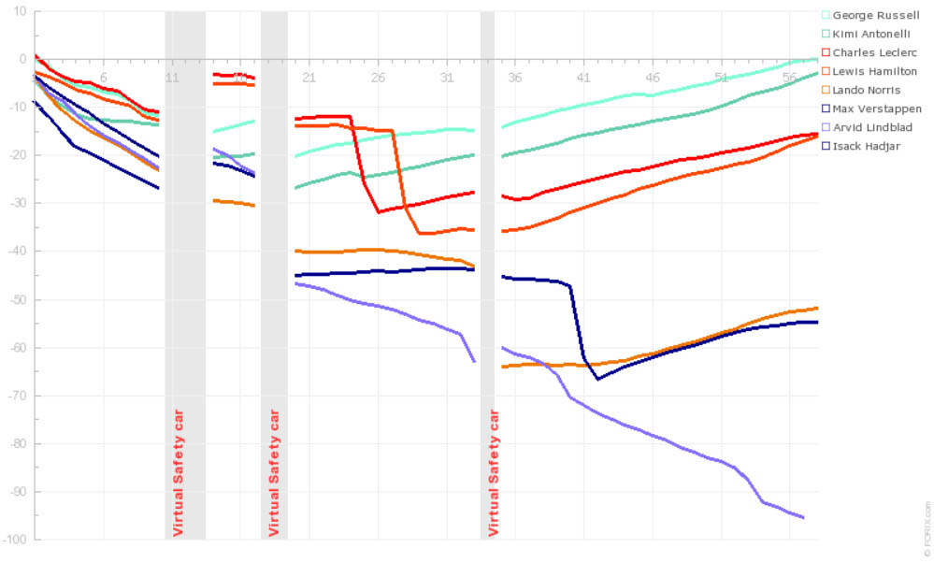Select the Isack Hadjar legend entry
tap(864, 146)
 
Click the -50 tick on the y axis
tap(15, 299)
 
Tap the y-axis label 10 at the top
tap(19, 11)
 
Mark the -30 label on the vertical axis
tap(15, 203)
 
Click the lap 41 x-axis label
tap(583, 77)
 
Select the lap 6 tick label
tap(104, 77)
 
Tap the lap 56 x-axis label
tap(790, 77)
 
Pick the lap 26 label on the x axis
tap(378, 77)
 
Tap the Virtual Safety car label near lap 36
tap(494, 471)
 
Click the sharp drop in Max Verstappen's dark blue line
tap(578, 323)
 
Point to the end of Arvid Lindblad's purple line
tap(803, 517)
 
